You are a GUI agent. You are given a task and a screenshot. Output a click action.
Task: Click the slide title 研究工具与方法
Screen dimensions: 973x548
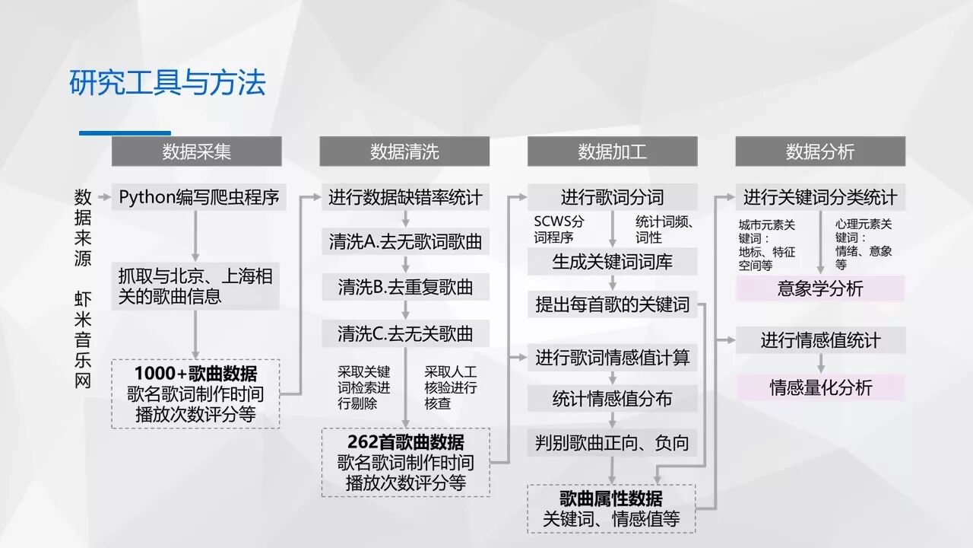point(167,83)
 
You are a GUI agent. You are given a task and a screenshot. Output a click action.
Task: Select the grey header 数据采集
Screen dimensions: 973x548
point(196,151)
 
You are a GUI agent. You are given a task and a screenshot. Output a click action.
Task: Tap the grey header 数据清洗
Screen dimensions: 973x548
point(404,151)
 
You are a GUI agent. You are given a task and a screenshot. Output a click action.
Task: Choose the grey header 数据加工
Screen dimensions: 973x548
point(612,151)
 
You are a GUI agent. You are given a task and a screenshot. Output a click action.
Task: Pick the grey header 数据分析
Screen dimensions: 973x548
point(820,151)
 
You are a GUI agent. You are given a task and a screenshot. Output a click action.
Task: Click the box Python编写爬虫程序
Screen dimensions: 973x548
point(199,198)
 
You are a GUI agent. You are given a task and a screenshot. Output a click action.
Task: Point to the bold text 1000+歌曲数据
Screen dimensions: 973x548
point(195,374)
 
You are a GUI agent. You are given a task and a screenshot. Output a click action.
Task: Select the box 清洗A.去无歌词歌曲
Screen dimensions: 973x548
point(405,243)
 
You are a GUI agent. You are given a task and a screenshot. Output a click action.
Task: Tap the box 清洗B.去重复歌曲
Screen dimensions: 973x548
point(405,288)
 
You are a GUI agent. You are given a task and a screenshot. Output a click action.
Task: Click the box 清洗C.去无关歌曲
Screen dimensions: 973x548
point(405,333)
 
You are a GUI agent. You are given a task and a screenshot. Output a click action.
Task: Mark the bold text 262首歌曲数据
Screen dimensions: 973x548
point(405,442)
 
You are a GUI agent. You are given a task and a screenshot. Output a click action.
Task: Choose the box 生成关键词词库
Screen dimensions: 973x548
point(612,262)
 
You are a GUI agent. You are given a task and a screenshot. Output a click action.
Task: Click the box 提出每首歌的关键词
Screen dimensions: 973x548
point(612,305)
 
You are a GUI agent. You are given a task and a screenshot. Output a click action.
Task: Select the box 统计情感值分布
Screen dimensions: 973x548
point(612,399)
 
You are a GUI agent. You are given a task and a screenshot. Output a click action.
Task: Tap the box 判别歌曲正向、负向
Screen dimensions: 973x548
point(612,443)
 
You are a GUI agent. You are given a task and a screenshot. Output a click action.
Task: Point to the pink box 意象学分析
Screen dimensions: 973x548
point(820,288)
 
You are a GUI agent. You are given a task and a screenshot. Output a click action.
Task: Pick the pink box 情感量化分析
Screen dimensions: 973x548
point(820,387)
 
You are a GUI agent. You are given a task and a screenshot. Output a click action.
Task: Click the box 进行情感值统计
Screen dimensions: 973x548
point(820,340)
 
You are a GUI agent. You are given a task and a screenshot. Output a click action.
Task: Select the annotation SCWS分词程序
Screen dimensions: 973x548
point(559,229)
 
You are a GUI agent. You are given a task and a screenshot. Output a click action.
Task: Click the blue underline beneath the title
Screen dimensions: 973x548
point(125,133)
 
